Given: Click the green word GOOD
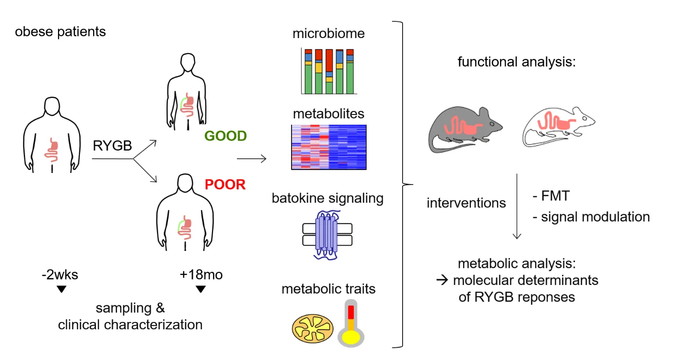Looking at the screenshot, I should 225,136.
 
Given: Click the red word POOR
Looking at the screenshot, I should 225,185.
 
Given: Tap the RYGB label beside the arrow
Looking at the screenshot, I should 112,145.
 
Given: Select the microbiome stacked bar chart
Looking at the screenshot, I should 329,71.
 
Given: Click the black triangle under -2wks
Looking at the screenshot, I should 61,289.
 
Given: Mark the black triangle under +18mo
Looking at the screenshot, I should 200,289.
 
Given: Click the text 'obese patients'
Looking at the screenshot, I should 60,33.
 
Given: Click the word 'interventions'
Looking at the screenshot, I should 466,203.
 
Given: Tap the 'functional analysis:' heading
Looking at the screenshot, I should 517,62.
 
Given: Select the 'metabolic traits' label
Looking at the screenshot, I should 329,288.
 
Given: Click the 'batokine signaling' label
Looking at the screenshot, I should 328,199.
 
